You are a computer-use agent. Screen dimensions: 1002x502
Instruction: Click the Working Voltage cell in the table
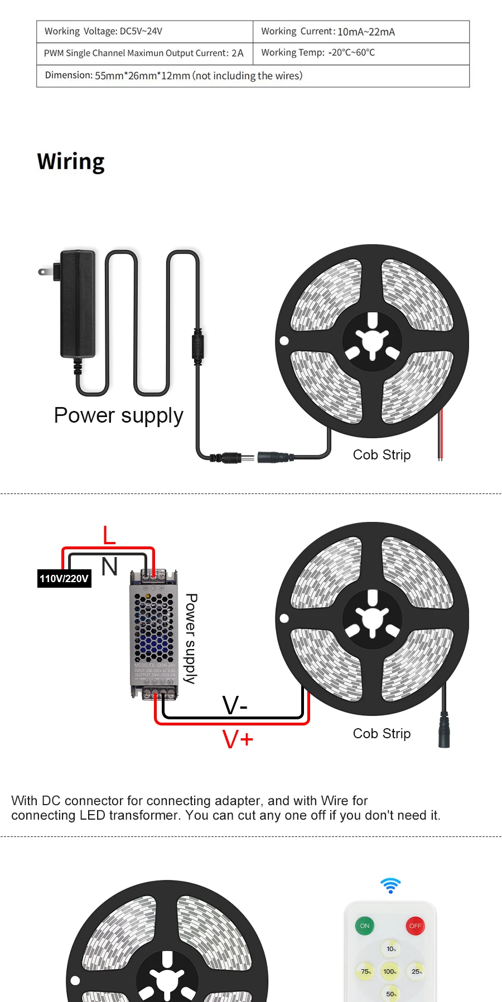click(x=144, y=32)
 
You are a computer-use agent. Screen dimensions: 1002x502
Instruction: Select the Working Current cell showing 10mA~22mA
click(x=361, y=32)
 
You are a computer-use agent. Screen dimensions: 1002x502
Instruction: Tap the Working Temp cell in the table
click(x=361, y=53)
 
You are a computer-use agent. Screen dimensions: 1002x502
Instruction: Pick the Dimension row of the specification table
click(x=253, y=76)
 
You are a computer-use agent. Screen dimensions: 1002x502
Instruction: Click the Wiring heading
click(x=71, y=162)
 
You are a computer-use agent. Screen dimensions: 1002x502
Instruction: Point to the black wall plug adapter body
click(x=78, y=304)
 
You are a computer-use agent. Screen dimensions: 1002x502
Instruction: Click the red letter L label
click(x=109, y=535)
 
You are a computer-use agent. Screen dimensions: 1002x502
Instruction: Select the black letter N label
click(x=109, y=567)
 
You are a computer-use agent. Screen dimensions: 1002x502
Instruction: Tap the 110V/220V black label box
click(x=64, y=578)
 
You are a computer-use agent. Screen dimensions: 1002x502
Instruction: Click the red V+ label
click(x=238, y=739)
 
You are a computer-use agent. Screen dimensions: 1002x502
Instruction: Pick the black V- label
click(x=235, y=705)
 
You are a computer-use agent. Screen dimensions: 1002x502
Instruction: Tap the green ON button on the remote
click(x=365, y=926)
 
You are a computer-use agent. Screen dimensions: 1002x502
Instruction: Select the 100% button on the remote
click(x=390, y=971)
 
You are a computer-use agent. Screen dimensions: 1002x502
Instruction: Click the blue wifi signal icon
click(x=390, y=885)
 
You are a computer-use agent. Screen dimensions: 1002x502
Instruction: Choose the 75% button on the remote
click(x=366, y=971)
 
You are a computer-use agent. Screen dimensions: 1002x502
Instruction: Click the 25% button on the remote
click(x=416, y=971)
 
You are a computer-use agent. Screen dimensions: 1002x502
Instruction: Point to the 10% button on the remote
click(x=391, y=948)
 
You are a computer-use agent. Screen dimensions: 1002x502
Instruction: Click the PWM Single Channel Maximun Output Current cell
click(x=144, y=54)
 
